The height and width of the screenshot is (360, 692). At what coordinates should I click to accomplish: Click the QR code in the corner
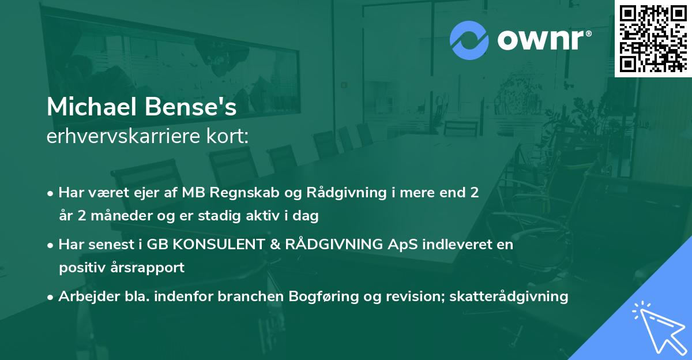tap(653, 38)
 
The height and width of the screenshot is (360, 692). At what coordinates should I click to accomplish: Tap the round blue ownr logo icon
tap(468, 40)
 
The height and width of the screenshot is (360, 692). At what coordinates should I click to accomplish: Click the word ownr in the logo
tap(543, 40)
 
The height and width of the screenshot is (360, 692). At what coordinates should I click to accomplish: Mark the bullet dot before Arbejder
tap(51, 297)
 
